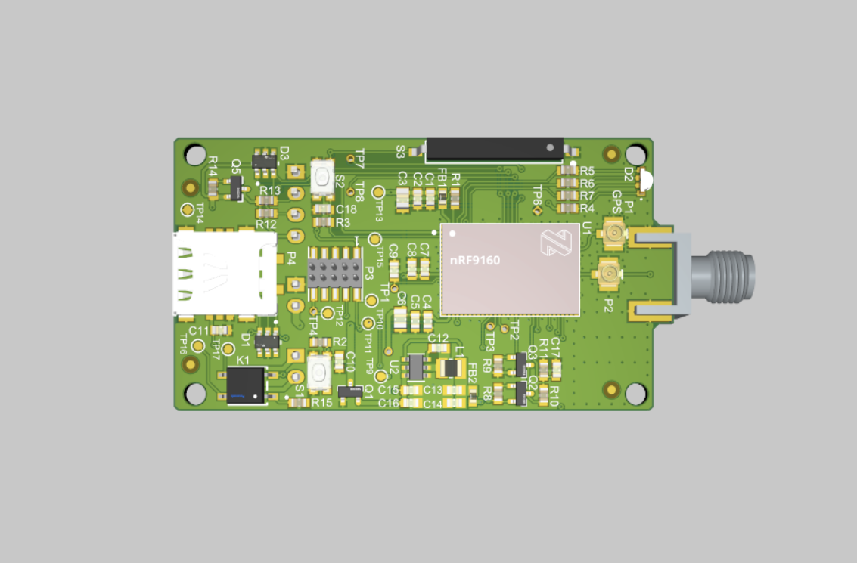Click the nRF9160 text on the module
[x=475, y=261]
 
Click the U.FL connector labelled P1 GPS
[x=612, y=233]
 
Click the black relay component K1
[x=247, y=385]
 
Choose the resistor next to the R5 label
[x=566, y=171]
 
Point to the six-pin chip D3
[x=264, y=159]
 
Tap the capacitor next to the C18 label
[x=323, y=209]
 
